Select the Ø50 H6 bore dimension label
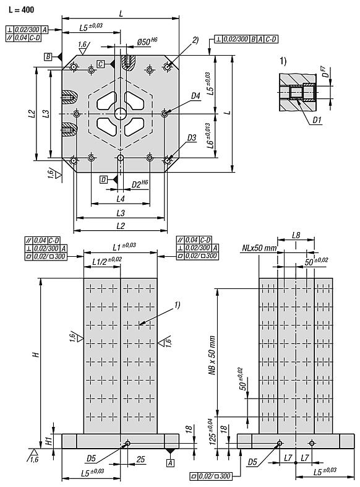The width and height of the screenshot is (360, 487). [x=147, y=43]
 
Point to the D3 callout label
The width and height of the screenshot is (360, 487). [x=191, y=137]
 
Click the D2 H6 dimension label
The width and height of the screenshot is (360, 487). [x=140, y=184]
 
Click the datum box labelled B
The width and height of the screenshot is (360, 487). [x=47, y=57]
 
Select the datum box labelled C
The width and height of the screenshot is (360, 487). [x=100, y=64]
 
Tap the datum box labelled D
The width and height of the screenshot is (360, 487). [x=103, y=179]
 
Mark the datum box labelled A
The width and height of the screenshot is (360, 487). [x=169, y=462]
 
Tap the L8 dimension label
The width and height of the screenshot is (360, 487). [x=296, y=236]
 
